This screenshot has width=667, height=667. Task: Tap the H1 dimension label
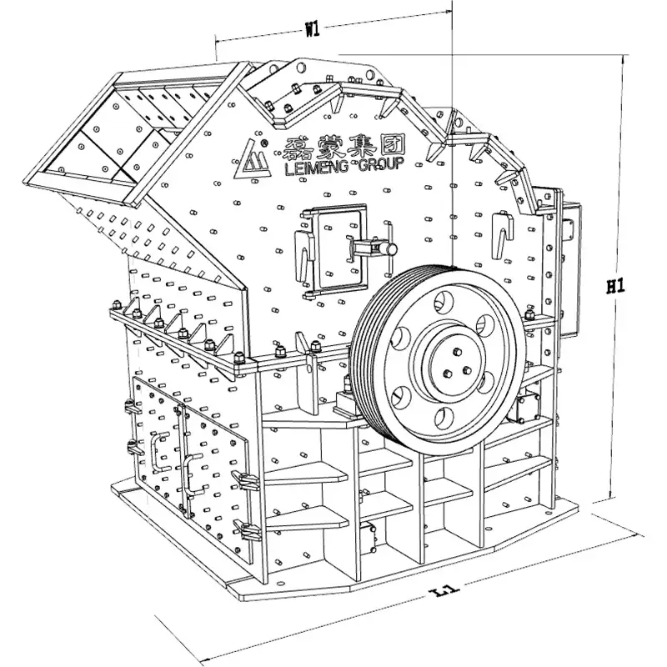(615, 286)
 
